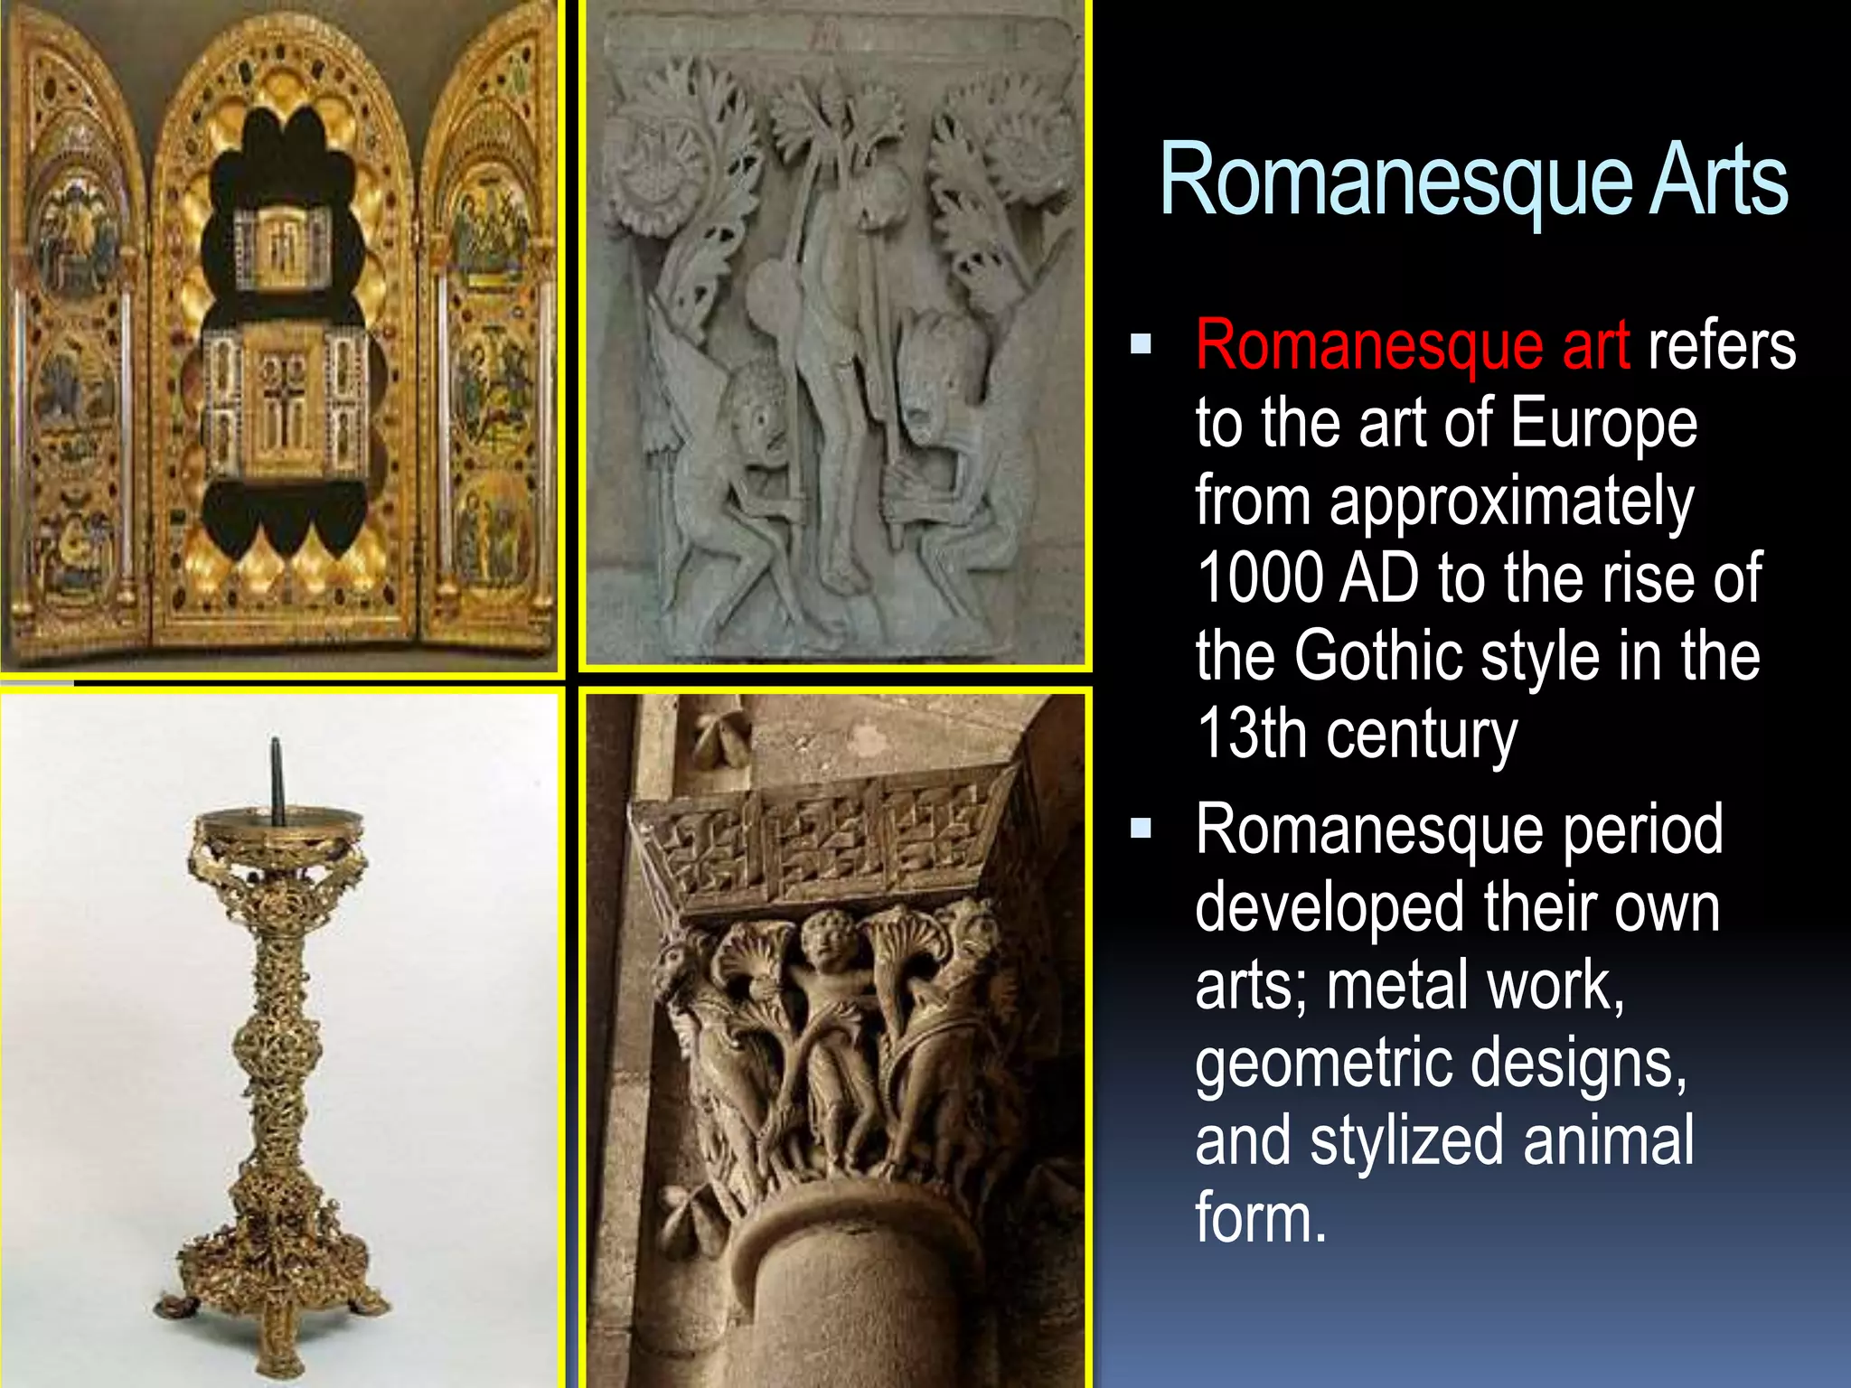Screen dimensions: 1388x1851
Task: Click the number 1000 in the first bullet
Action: pos(1261,578)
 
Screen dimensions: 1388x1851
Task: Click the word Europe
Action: pos(1603,423)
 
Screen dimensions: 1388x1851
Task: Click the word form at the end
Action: pos(1261,1218)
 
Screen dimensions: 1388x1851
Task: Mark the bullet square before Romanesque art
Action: pos(1141,343)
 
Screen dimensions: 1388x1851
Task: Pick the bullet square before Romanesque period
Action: pos(1141,828)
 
